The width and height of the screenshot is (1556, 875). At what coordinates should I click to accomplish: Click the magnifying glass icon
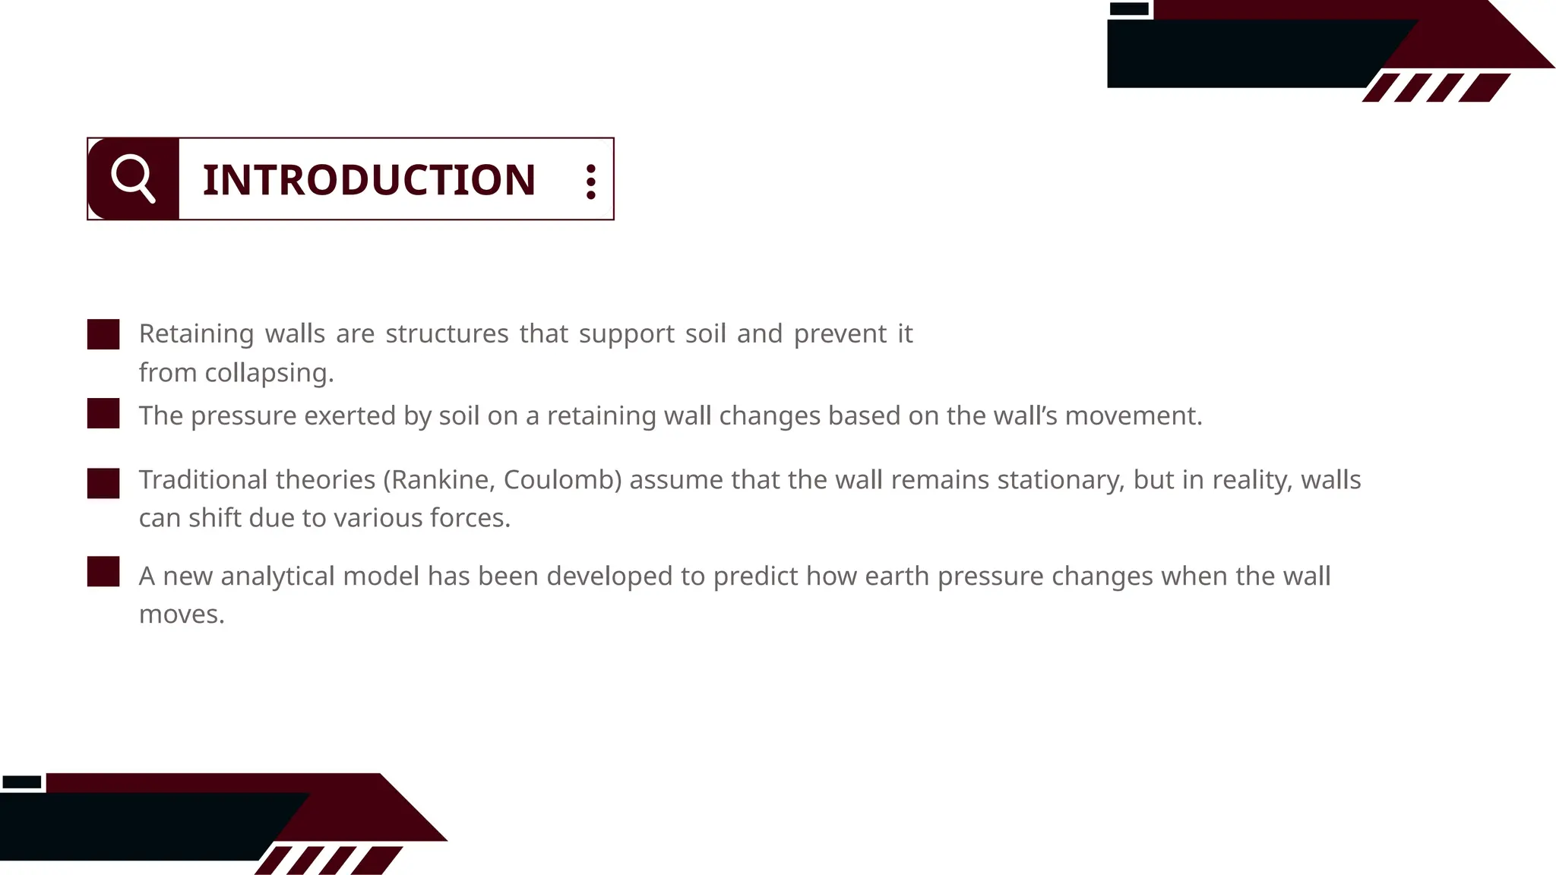click(133, 178)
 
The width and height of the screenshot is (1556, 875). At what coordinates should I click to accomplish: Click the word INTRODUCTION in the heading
click(369, 180)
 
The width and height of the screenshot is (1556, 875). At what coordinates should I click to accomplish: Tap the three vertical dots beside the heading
click(590, 182)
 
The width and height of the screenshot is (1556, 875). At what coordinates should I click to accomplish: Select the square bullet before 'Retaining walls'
click(103, 334)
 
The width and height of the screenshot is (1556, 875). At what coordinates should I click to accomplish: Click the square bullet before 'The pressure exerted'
click(103, 413)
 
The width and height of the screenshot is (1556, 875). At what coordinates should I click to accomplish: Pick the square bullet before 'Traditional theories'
click(103, 483)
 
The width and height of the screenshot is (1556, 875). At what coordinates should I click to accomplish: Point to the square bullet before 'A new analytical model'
click(103, 572)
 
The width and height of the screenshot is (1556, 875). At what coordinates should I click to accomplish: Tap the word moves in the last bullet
click(181, 614)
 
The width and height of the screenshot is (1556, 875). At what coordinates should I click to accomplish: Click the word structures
click(447, 333)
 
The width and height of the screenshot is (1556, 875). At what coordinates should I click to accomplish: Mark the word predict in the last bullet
click(754, 576)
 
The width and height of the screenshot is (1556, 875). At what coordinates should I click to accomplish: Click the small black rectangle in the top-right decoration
click(1129, 9)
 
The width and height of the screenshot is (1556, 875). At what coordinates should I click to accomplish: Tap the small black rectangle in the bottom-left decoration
click(22, 782)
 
